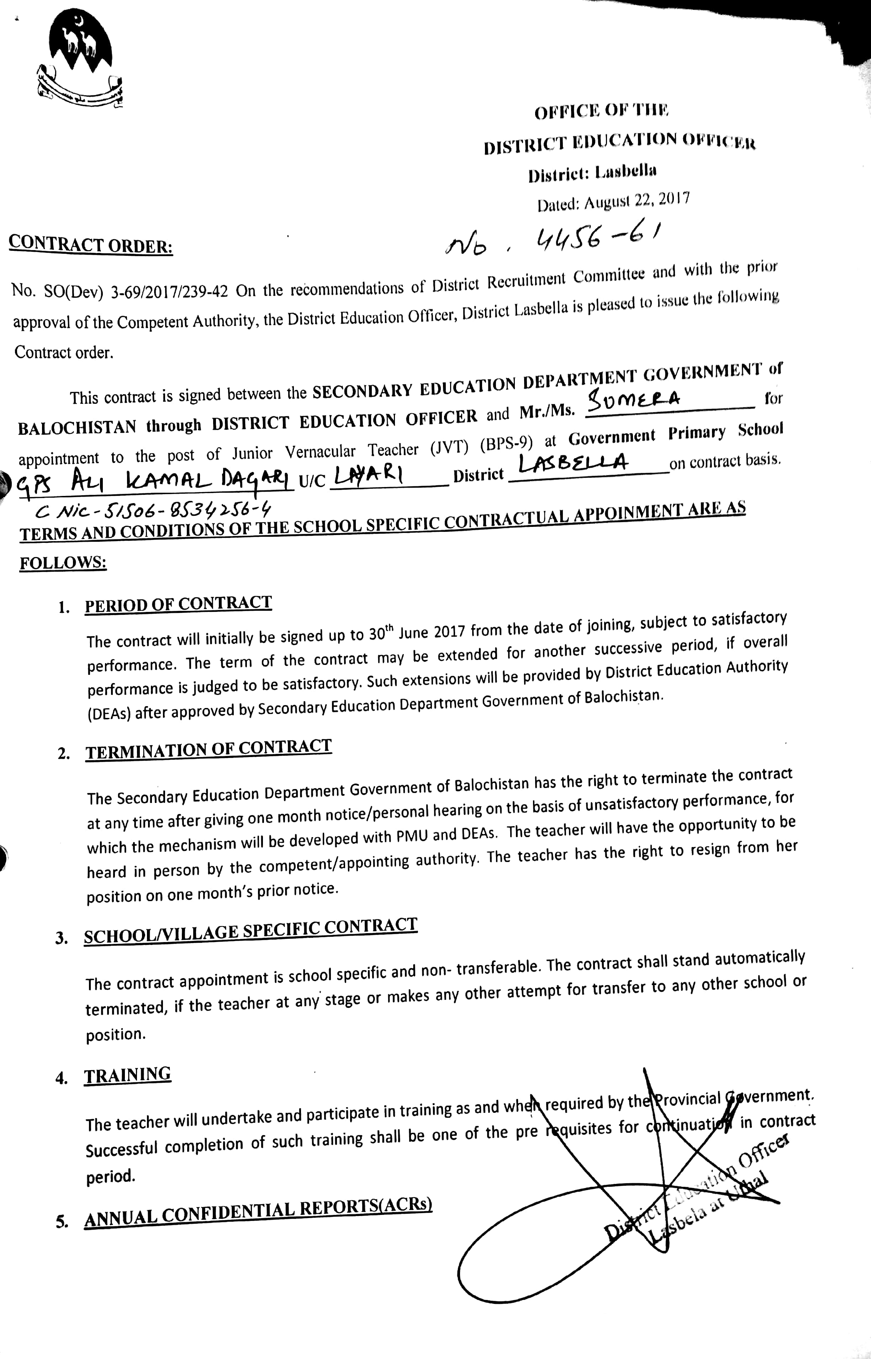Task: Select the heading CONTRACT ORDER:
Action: click(90, 244)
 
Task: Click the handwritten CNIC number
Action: click(153, 512)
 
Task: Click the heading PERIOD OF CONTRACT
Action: click(178, 604)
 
